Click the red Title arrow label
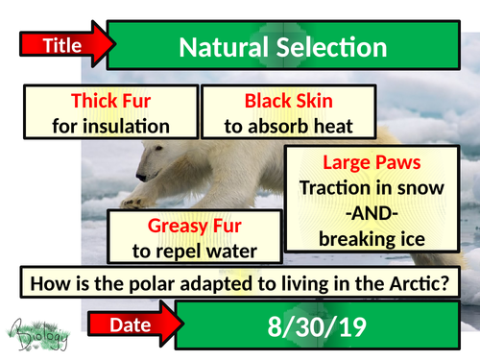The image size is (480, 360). click(x=60, y=43)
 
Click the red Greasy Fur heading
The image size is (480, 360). click(x=195, y=227)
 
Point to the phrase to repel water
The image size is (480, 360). click(x=195, y=251)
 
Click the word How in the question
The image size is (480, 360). click(x=48, y=284)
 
